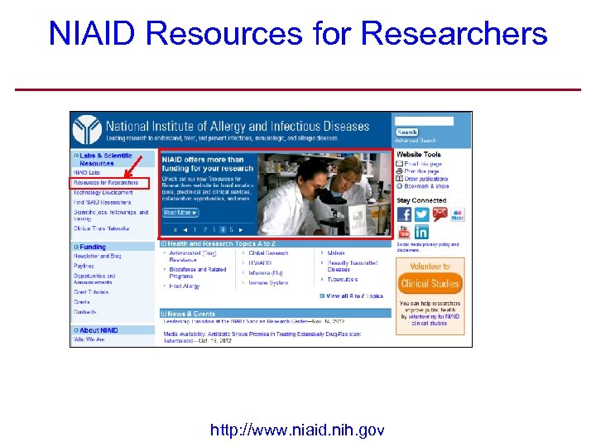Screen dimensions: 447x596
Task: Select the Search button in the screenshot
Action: coord(407,132)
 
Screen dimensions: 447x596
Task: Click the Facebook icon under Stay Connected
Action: coord(404,214)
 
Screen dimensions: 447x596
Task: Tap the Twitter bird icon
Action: coord(421,214)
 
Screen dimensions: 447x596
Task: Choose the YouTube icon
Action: coord(440,214)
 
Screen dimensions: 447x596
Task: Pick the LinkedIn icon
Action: coord(421,233)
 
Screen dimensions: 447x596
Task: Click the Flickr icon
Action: coord(458,214)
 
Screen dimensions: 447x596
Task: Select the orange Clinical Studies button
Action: coord(430,284)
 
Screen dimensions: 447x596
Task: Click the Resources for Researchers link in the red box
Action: coord(106,182)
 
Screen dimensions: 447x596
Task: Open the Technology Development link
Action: coord(104,192)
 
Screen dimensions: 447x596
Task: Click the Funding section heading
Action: coord(93,247)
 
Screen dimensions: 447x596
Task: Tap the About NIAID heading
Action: coord(99,330)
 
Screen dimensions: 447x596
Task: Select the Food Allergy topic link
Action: coord(185,286)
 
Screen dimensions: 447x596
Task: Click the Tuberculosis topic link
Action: coord(343,280)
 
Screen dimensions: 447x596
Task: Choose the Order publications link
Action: coord(426,179)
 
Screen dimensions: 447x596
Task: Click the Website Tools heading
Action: coord(419,155)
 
